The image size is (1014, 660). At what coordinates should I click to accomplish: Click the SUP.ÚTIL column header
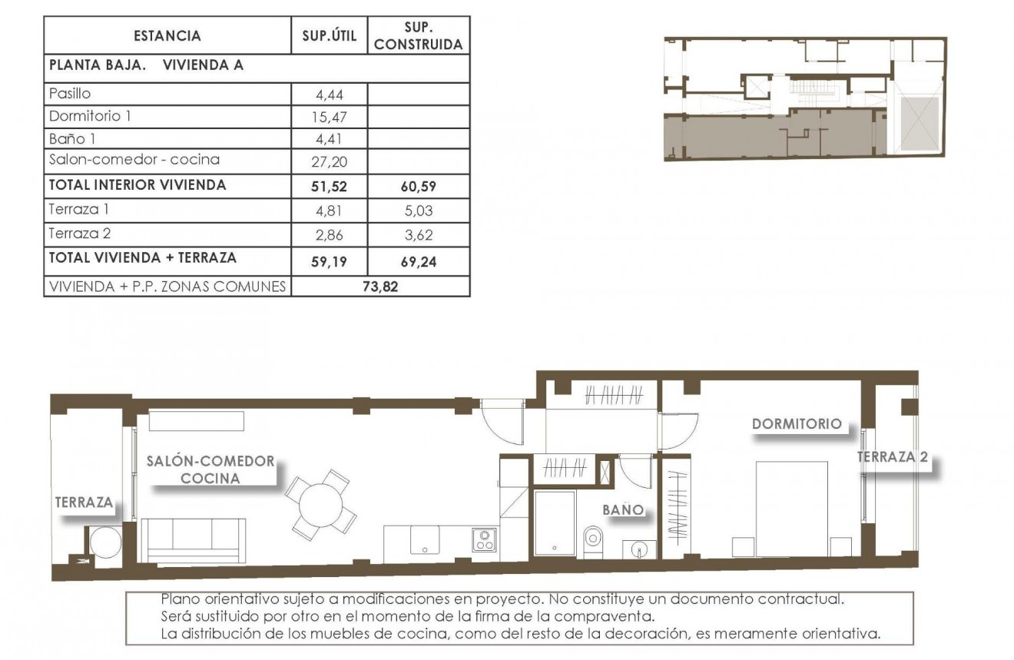330,35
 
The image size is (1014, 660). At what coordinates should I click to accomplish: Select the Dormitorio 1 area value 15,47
330,117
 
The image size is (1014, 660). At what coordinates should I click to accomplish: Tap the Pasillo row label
70,94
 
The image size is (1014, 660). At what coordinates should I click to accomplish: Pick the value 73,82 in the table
380,287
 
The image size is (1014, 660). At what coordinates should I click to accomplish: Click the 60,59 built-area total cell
419,186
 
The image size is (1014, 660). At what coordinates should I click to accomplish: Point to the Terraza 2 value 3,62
419,235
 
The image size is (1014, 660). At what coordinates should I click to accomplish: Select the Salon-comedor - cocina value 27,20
330,161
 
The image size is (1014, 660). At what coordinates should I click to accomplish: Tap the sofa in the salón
196,539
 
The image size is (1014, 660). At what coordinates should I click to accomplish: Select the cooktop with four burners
485,539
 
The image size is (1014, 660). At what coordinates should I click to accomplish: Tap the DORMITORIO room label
797,424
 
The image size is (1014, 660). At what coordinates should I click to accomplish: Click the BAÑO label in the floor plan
621,509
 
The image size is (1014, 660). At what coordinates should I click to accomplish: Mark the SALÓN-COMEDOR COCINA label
210,469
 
